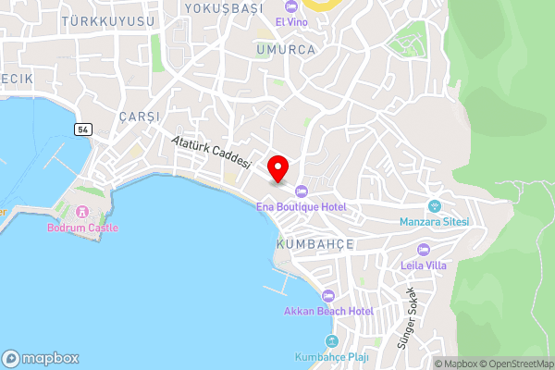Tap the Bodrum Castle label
pos(82,228)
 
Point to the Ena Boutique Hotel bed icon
pos(301,192)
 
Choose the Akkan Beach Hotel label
pos(328,311)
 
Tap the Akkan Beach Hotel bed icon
pos(328,296)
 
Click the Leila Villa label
pos(424,264)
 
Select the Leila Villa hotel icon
pos(424,249)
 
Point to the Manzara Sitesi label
pos(435,222)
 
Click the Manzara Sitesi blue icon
pos(435,206)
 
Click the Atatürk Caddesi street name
pos(213,151)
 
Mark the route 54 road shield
pos(84,129)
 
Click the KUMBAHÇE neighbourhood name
pos(315,243)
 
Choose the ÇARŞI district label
pos(140,117)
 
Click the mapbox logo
pos(41,358)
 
